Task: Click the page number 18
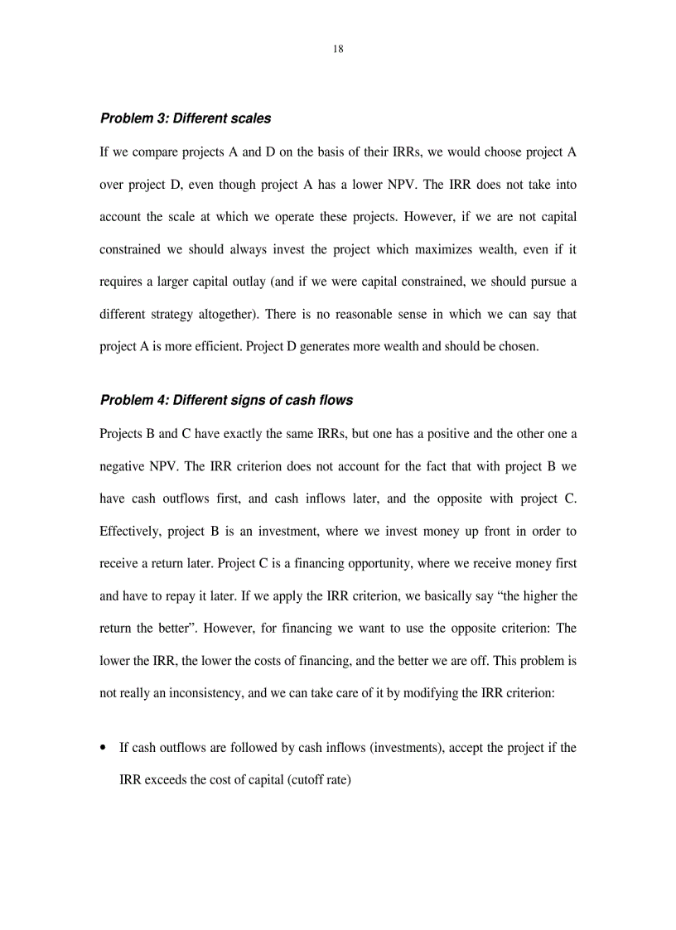point(338,49)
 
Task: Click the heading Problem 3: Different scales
point(185,118)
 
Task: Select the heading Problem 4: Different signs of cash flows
point(226,400)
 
